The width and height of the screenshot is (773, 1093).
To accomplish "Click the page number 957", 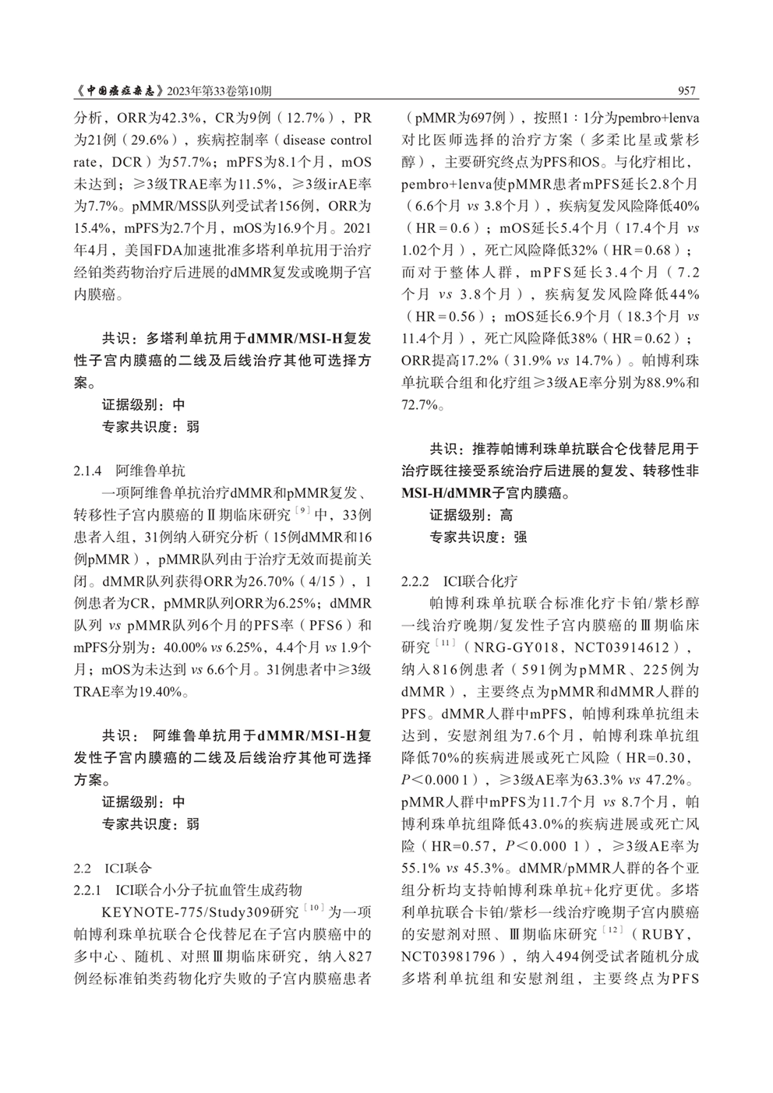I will tap(687, 91).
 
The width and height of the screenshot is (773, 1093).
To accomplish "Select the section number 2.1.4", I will tap(88, 471).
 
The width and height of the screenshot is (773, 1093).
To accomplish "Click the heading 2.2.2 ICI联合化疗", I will tap(459, 582).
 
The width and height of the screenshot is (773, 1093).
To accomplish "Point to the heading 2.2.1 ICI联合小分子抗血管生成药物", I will tap(188, 889).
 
